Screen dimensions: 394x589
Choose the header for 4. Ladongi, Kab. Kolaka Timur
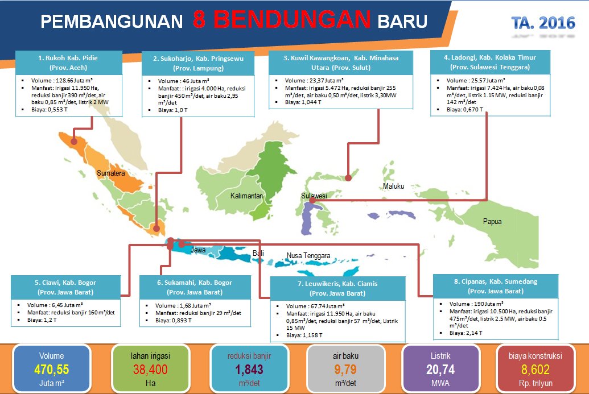coord(491,62)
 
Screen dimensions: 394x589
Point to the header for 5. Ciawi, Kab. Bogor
coord(66,287)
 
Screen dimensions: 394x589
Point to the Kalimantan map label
coord(246,196)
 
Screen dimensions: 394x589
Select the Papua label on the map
coord(492,222)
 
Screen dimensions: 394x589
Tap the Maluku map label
coord(393,186)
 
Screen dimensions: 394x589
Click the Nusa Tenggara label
coord(308,256)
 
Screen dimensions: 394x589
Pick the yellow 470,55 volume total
coord(51,370)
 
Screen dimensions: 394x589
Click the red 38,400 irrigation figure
coord(150,370)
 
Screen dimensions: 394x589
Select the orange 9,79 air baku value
coord(346,370)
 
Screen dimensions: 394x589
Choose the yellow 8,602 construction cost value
coord(536,370)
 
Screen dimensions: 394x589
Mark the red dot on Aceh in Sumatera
coord(73,142)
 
